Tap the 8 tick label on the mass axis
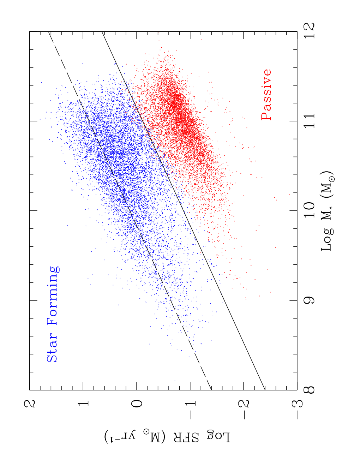(x=309, y=390)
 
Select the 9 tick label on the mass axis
(x=309, y=300)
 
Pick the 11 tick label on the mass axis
(x=309, y=120)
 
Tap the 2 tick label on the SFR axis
(x=30, y=404)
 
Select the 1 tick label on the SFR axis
(x=83, y=404)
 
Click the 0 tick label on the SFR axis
(x=137, y=404)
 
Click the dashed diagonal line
(x=130, y=211)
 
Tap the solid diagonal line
(x=183, y=211)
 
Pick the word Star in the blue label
(x=52, y=349)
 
